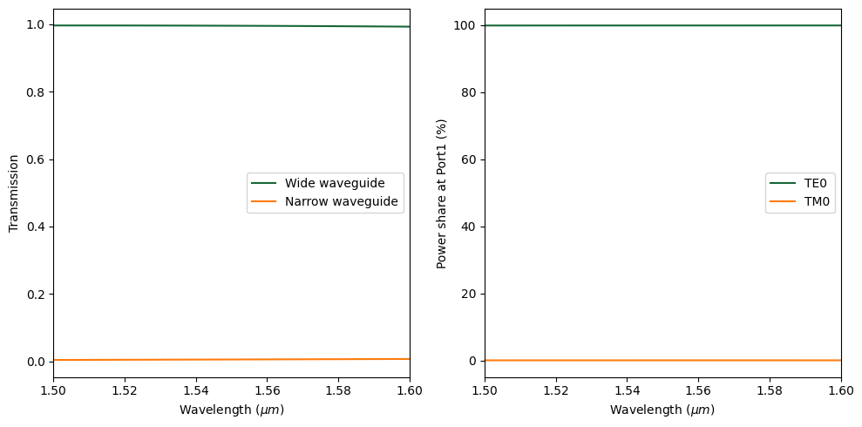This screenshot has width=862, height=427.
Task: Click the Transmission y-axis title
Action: (x=13, y=193)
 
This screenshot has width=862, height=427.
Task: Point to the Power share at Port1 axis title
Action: (x=442, y=193)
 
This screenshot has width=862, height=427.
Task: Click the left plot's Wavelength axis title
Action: (x=232, y=410)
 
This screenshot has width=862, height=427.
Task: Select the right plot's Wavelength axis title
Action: (x=662, y=410)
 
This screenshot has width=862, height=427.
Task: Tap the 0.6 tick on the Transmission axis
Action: (x=36, y=159)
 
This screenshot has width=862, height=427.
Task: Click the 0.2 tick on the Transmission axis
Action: (x=36, y=294)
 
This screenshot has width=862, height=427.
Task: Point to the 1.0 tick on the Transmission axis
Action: (x=36, y=25)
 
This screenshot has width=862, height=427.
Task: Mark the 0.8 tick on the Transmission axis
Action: (x=36, y=92)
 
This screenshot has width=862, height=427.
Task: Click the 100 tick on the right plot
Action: (x=465, y=25)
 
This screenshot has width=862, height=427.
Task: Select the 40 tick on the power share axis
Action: (x=468, y=227)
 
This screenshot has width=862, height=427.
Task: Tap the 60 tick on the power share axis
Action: (x=468, y=159)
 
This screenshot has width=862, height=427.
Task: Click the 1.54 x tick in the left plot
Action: (x=196, y=390)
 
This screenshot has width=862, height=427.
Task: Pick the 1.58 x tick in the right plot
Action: (x=770, y=390)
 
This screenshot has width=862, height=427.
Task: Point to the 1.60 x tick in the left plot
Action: (x=410, y=390)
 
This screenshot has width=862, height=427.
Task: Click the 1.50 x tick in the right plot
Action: (x=485, y=390)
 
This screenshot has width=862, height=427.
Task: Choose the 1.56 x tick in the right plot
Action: (x=698, y=390)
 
